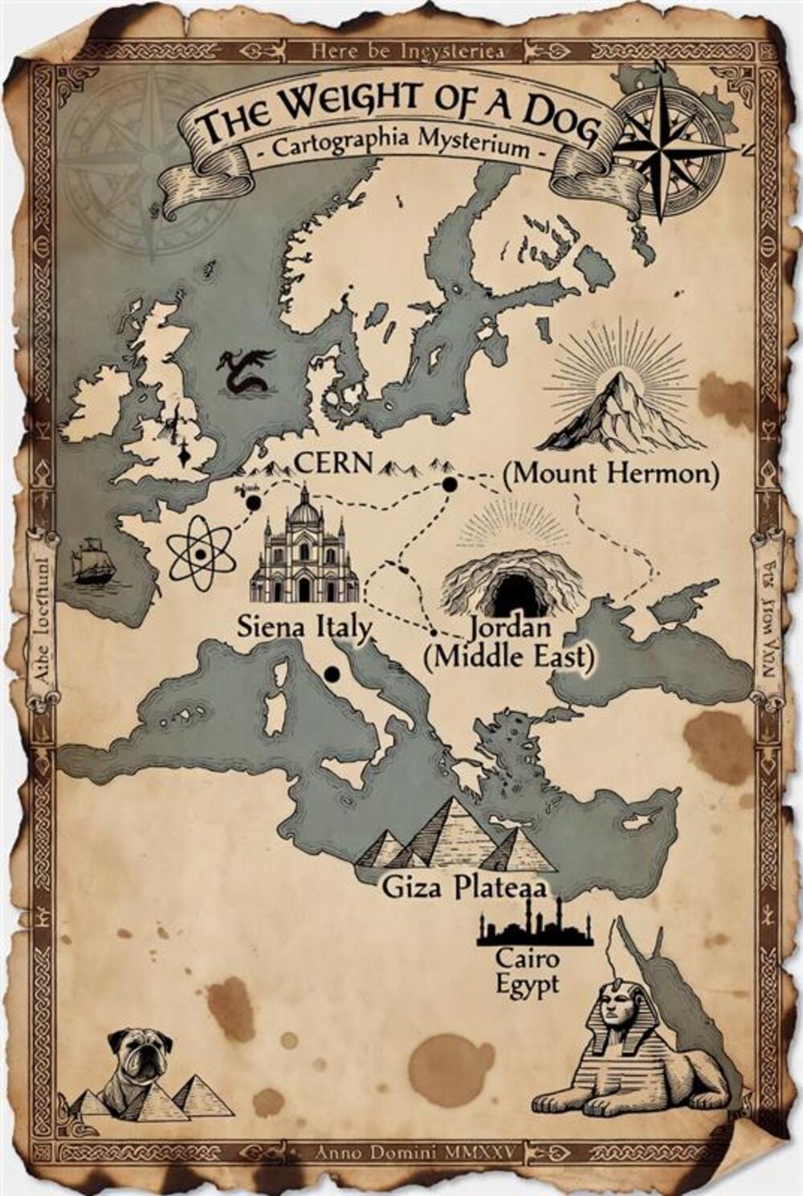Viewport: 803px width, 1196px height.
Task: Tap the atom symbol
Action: pyautogui.click(x=202, y=553)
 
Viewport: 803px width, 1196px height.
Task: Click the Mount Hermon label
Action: pyautogui.click(x=609, y=473)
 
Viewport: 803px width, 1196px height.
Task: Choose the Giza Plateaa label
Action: pyautogui.click(x=464, y=887)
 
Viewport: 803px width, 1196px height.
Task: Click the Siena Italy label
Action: pyautogui.click(x=304, y=627)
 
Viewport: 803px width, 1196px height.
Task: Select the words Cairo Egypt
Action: pyautogui.click(x=527, y=970)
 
